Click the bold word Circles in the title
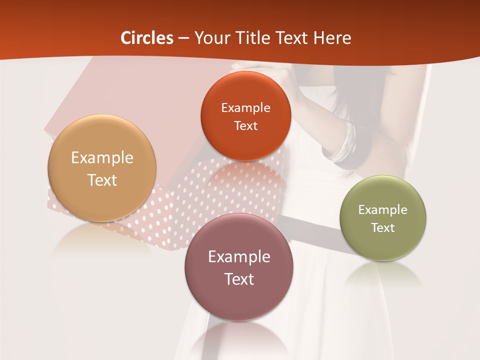click(x=147, y=38)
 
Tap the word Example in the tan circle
click(x=102, y=158)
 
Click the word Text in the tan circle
click(x=102, y=180)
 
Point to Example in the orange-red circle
click(x=245, y=108)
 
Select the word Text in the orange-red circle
click(x=245, y=126)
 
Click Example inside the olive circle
click(x=383, y=210)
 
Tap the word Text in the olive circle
click(x=383, y=228)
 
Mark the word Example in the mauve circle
click(x=239, y=257)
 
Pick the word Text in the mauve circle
click(x=239, y=279)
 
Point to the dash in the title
click(x=183, y=38)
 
